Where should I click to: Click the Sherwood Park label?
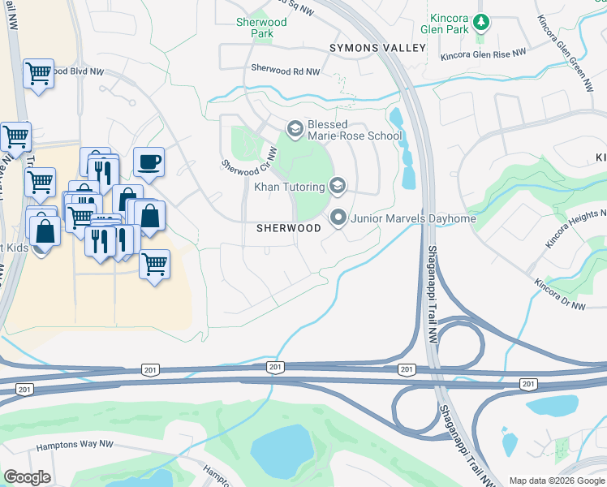pos(261,28)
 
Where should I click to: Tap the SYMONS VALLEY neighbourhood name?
pos(377,49)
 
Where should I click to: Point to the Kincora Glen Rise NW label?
pos(483,56)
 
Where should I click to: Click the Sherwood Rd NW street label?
pos(286,71)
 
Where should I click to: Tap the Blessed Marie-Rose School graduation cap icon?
pos(295,128)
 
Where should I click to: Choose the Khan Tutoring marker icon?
pos(338,187)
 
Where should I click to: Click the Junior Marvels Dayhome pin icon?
pos(338,217)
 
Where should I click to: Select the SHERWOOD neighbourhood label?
pos(289,229)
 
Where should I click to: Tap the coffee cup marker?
pos(149,162)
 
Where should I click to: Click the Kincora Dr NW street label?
pos(560,295)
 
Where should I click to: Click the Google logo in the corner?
pos(27,477)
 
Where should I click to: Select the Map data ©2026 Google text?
pos(557,481)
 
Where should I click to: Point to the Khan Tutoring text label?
pos(290,187)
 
